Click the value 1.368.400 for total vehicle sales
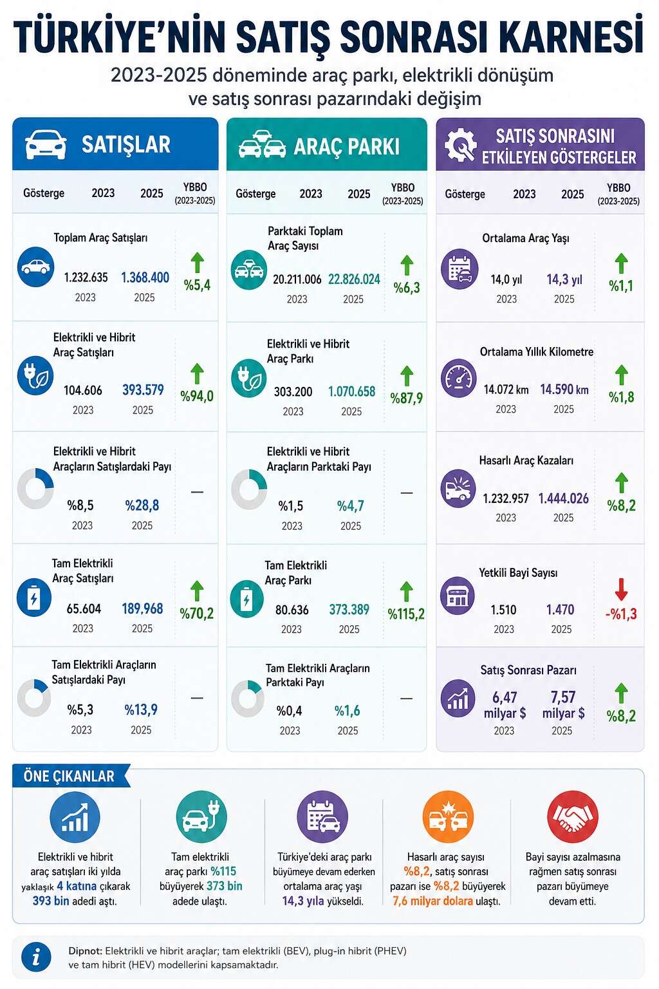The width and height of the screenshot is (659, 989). tap(145, 278)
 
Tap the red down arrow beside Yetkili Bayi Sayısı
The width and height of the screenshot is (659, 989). tap(621, 589)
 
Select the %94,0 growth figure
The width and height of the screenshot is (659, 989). tap(197, 396)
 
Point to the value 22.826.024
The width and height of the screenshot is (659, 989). tap(354, 279)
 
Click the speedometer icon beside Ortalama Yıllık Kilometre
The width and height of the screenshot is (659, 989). tap(459, 378)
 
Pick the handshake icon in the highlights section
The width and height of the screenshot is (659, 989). tap(572, 817)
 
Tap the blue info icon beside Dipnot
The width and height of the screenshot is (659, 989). tap(36, 957)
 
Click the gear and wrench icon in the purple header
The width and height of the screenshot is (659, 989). tap(460, 144)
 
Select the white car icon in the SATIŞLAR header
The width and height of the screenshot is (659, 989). tap(46, 144)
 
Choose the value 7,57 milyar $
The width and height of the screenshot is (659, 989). tap(563, 704)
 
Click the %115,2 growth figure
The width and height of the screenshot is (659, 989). tap(406, 614)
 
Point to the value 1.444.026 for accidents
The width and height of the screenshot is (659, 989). tap(563, 498)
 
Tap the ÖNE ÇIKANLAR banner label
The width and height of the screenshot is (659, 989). tap(69, 776)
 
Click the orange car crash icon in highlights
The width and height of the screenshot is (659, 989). tap(447, 817)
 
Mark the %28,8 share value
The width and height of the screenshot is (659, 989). tap(142, 505)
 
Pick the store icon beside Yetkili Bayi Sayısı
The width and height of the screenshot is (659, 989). tap(458, 596)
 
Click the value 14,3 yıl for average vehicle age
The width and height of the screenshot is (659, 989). tap(564, 279)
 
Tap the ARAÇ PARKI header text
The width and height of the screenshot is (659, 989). tap(346, 147)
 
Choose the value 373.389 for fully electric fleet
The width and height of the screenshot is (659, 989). tap(349, 609)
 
